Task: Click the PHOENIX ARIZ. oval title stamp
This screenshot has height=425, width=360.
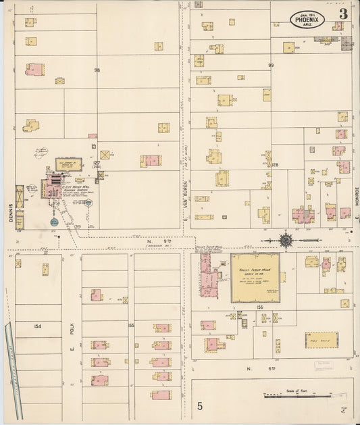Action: click(309, 19)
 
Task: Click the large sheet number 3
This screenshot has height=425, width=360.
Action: click(343, 14)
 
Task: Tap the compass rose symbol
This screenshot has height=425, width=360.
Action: click(286, 239)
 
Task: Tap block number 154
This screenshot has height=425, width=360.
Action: click(37, 326)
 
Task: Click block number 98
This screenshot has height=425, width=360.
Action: click(97, 70)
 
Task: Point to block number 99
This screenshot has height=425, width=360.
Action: click(271, 66)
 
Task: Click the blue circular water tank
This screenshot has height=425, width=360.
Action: click(54, 222)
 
